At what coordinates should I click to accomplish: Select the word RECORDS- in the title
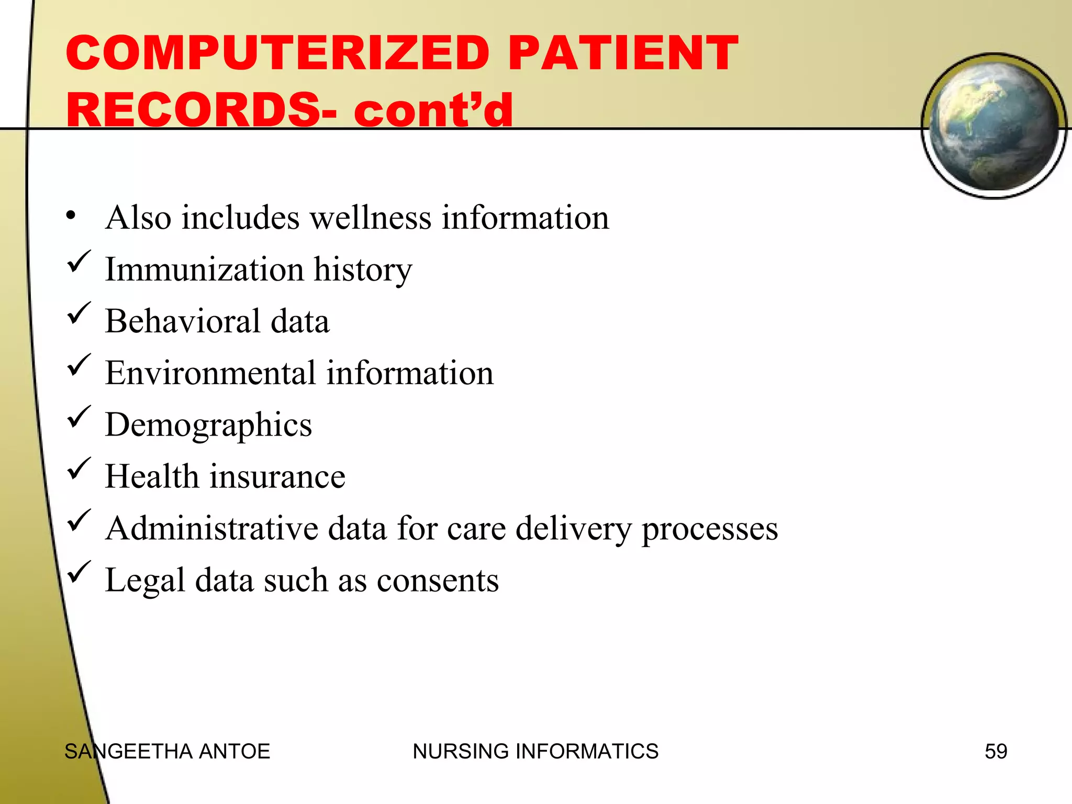[x=202, y=110]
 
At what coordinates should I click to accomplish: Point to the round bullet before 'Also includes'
[x=71, y=216]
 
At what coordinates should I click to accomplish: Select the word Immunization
[x=204, y=270]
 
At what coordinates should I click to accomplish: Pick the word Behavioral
[x=182, y=321]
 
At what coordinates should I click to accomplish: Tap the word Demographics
[x=208, y=426]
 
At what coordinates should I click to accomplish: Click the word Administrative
[x=211, y=528]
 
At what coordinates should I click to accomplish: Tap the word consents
[x=438, y=580]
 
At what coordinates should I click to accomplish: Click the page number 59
[x=996, y=751]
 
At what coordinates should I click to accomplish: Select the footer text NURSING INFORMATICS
[x=535, y=751]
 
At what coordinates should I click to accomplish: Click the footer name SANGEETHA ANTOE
[x=167, y=751]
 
